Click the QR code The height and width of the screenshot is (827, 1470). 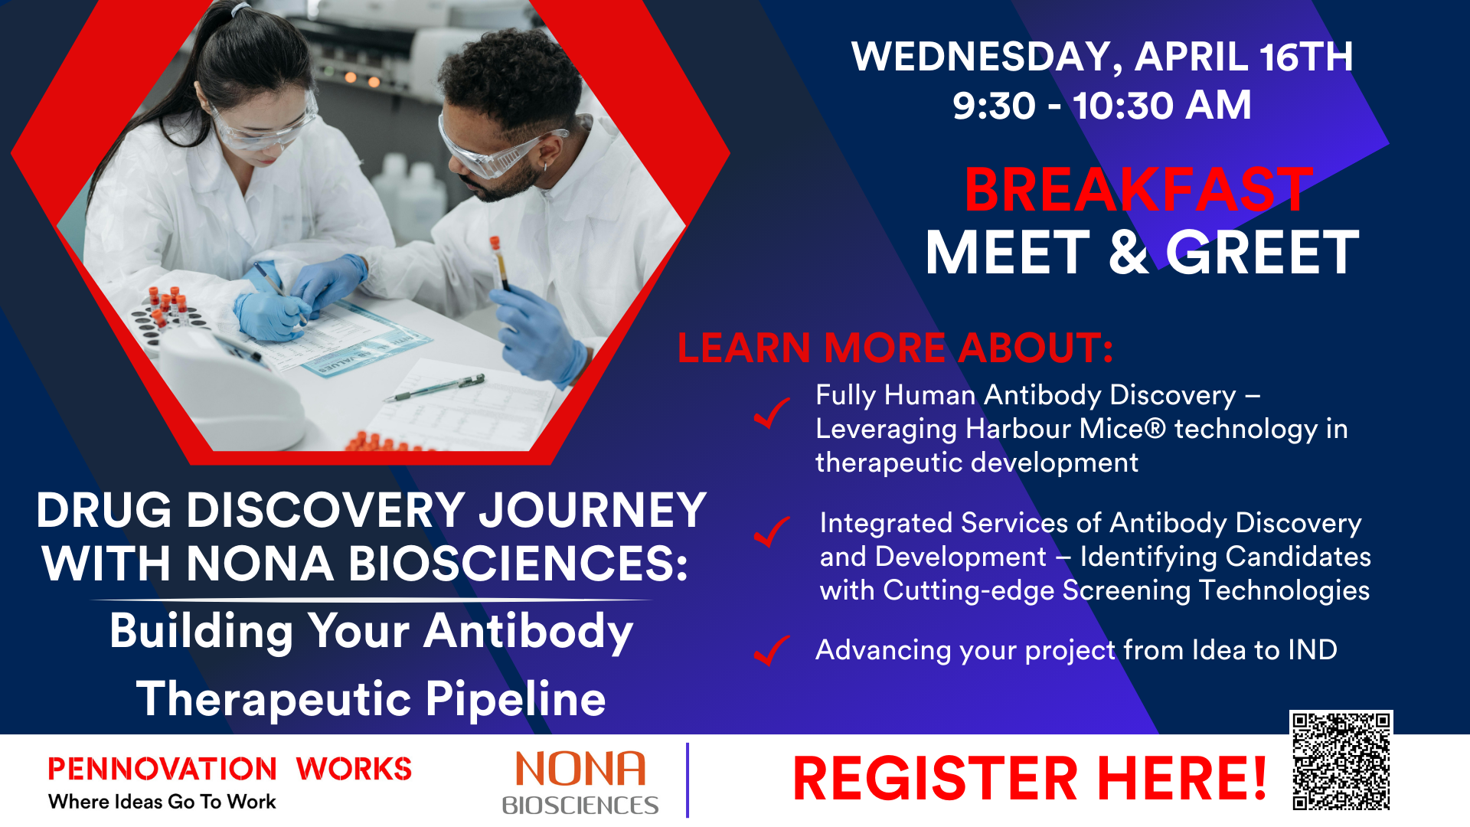1341,760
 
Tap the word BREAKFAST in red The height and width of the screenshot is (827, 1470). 1138,190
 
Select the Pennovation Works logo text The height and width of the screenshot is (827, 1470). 230,769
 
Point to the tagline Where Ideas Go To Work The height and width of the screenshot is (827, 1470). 162,802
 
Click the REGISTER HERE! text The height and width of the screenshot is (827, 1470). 1029,779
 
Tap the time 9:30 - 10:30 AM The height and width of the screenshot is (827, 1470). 1102,105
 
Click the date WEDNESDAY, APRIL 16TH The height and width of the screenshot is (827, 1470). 1102,57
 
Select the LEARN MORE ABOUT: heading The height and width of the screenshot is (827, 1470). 895,348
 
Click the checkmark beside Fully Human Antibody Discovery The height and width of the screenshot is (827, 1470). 771,413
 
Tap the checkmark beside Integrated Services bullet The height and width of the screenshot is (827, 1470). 771,531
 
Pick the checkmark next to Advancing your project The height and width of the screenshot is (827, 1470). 771,651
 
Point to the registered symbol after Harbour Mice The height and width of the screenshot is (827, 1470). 1155,428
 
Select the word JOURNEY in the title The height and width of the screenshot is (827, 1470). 592,511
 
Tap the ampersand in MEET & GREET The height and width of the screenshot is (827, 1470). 1128,253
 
